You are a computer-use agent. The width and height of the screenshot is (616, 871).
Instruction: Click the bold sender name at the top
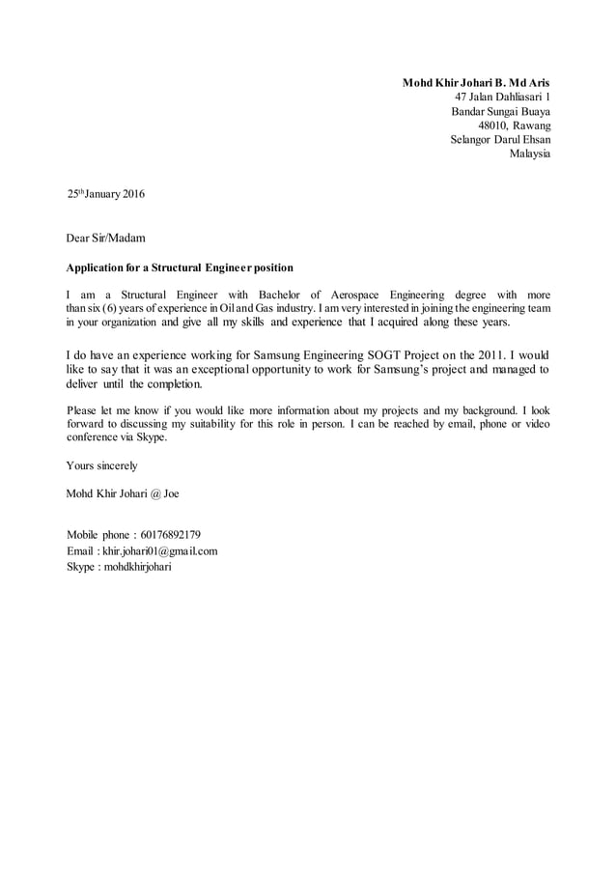click(x=476, y=82)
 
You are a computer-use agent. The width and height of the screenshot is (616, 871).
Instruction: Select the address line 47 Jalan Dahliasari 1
click(x=502, y=97)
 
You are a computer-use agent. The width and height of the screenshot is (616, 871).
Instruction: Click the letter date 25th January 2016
click(x=105, y=194)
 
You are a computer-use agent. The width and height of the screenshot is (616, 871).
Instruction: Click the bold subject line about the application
click(x=179, y=267)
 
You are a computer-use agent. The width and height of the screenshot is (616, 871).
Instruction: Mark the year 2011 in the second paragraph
click(x=490, y=353)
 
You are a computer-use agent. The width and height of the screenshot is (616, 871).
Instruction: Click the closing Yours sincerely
click(x=101, y=465)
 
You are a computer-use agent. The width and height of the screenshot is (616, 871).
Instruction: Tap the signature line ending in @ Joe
click(x=122, y=493)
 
